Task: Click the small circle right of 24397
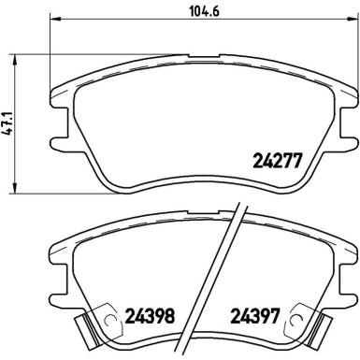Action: coord(295,315)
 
